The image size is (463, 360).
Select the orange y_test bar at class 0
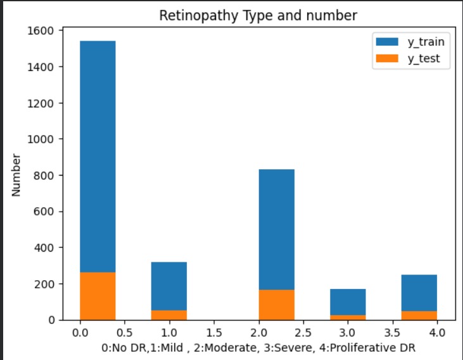(98, 296)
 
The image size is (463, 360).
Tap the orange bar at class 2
(276, 305)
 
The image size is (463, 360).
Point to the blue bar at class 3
(348, 302)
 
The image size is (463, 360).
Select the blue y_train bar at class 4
(419, 292)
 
